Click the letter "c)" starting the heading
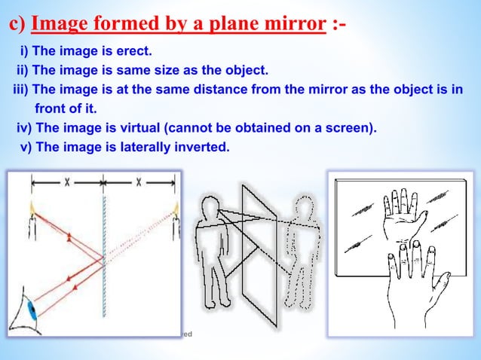coord(17,24)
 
